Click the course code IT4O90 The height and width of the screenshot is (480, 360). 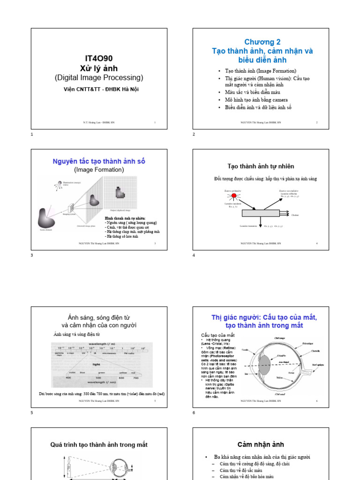click(x=99, y=58)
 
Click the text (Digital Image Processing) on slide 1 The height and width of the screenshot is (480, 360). click(x=99, y=77)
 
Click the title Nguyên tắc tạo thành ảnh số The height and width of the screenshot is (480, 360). click(x=99, y=161)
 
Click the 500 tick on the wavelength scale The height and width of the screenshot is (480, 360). click(x=99, y=377)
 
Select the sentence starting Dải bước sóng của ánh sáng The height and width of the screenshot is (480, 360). click(x=102, y=394)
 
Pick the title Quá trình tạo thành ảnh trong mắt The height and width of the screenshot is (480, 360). click(x=99, y=444)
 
